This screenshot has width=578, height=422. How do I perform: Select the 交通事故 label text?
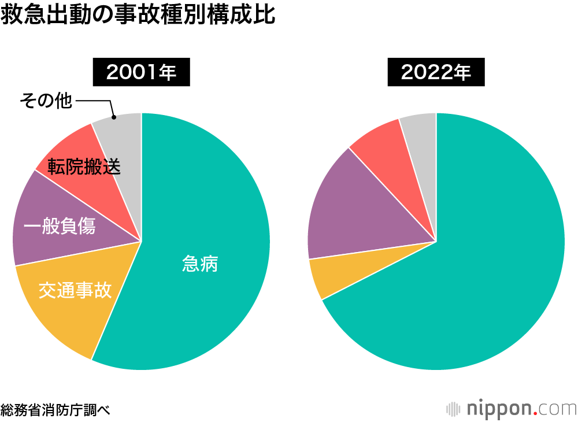(75, 290)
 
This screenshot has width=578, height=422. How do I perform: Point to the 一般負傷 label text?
(60, 227)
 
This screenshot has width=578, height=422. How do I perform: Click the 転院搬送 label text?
(84, 166)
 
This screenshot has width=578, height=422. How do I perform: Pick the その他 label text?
(46, 101)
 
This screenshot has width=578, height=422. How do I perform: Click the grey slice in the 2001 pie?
(124, 139)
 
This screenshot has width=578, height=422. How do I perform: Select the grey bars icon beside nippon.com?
(454, 409)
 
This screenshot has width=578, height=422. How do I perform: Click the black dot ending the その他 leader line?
(114, 117)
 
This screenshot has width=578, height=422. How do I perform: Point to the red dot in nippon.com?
(535, 413)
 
